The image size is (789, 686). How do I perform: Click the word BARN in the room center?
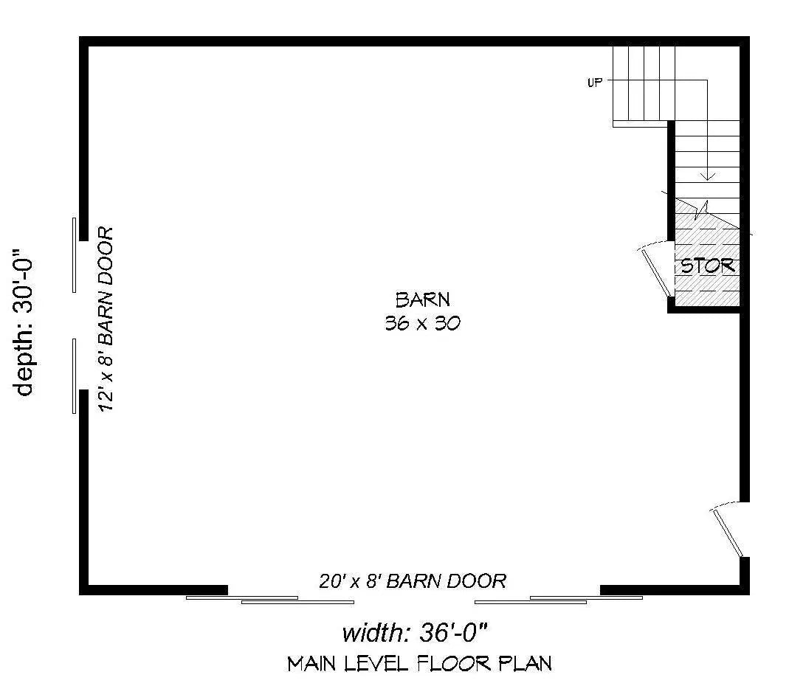pos(423,300)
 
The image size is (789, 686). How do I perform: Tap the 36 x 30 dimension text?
pos(423,323)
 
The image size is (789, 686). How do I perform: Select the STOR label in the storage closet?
pos(708,266)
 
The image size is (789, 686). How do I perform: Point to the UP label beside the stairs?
pos(595,83)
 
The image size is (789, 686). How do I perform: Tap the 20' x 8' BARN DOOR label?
pos(413,581)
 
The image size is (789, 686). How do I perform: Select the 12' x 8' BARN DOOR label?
pos(106,319)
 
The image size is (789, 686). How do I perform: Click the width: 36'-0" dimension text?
pos(415,633)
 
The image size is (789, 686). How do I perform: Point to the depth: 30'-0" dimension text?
pos(24,322)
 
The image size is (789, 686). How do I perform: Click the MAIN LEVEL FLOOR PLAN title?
pos(420,664)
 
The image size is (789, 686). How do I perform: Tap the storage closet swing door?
pos(656,271)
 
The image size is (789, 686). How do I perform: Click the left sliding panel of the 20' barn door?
pos(270,600)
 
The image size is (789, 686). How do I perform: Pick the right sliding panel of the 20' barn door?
pos(559,600)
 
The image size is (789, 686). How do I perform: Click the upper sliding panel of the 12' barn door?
pos(75,255)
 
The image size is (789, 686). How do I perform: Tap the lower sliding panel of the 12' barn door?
pos(75,376)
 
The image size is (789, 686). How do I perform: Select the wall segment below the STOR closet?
pos(703,309)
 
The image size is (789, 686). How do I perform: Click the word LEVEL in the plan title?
pos(376,664)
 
